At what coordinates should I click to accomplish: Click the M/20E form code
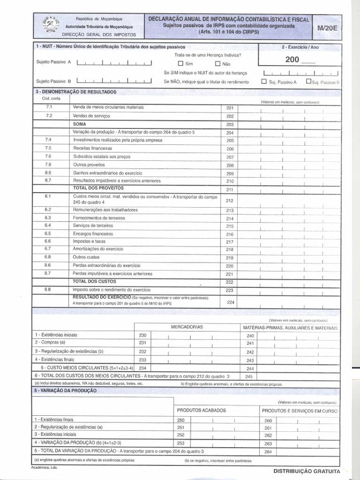point(327,28)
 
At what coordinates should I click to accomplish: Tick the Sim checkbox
point(180,64)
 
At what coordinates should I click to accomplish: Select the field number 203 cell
point(230,124)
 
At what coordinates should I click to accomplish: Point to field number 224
point(230,302)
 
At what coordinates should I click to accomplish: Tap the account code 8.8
point(48,290)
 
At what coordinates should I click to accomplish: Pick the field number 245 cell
point(249,376)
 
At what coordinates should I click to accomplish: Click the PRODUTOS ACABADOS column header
point(201,410)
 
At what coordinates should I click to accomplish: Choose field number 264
point(268,452)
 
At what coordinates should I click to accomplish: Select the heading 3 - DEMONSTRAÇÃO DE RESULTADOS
point(75,92)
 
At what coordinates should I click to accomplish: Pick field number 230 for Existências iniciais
point(143,335)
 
